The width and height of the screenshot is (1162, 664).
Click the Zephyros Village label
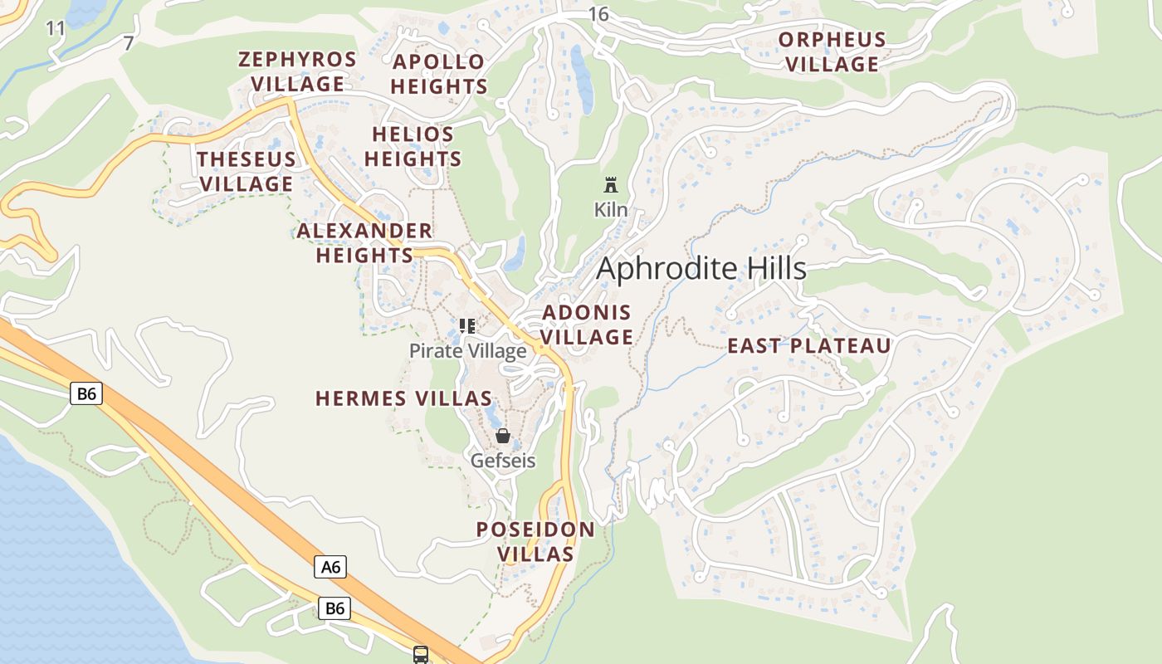[297, 72]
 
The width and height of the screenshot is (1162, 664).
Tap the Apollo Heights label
[439, 74]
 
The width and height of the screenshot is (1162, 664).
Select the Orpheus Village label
[832, 52]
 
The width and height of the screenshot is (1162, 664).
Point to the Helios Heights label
[413, 147]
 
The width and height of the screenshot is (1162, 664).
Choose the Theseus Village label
[246, 172]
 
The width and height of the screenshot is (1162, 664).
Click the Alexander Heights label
[364, 243]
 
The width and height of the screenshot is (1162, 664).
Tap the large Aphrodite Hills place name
[701, 269]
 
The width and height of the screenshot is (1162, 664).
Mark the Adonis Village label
[587, 325]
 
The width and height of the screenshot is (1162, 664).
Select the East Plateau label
[809, 346]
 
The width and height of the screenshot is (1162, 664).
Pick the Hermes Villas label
[404, 398]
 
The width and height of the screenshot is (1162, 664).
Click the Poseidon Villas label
[535, 542]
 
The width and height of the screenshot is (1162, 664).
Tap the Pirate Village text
[468, 351]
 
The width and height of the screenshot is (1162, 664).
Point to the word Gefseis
[503, 460]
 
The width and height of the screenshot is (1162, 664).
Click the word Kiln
[611, 210]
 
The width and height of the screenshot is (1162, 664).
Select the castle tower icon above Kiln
[612, 184]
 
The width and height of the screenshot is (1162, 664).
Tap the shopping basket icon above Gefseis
[503, 436]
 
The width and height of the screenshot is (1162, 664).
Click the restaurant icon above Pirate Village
[467, 326]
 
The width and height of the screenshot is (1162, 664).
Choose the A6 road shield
[330, 567]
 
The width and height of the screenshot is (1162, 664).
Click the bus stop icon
[421, 655]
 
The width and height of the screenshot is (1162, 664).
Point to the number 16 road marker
[598, 13]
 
